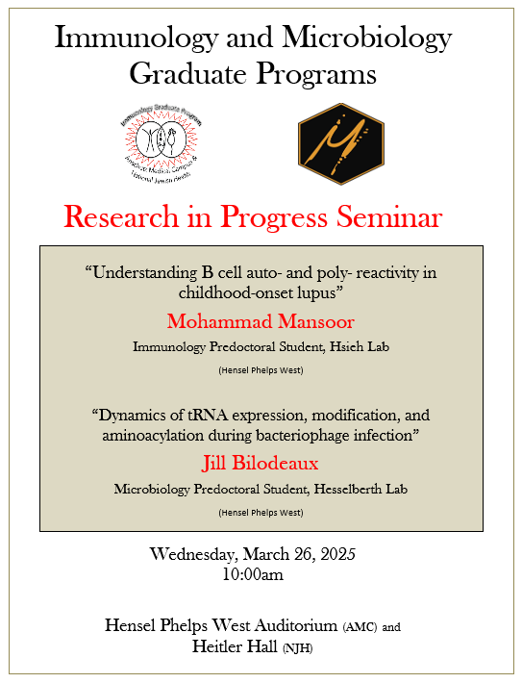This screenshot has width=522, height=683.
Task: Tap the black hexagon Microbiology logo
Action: click(340, 143)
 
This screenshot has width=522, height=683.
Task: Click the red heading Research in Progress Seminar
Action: click(253, 217)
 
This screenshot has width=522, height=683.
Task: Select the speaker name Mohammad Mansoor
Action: click(261, 319)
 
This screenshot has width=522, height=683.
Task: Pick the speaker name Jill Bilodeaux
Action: click(261, 465)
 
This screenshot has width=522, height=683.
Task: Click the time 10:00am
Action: click(260, 575)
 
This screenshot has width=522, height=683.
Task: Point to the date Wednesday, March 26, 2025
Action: click(260, 555)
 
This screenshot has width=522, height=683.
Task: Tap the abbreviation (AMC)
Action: click(360, 627)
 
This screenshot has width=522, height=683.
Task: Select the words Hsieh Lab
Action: click(362, 344)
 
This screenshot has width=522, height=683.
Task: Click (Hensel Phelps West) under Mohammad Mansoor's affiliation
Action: click(261, 368)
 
